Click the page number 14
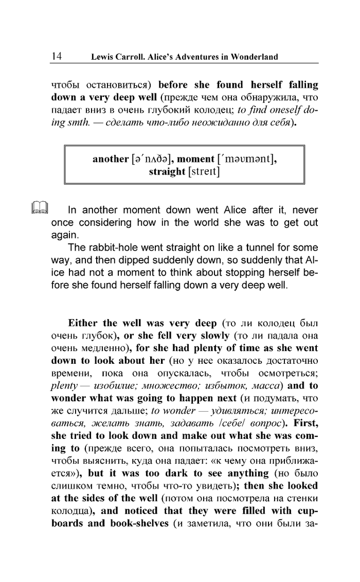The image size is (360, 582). coord(57,56)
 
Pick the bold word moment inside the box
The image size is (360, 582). coord(195,159)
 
